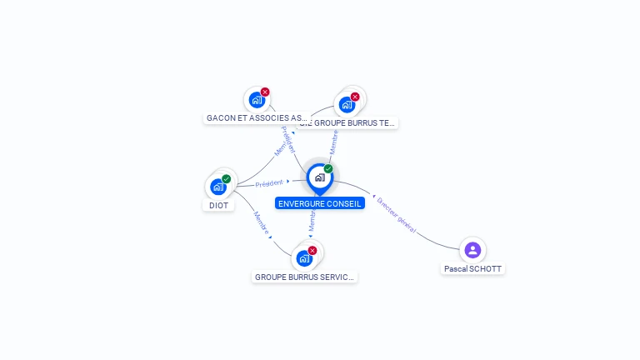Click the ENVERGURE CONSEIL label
coord(320,203)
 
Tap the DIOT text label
coord(218,205)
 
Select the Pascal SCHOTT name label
coord(473,269)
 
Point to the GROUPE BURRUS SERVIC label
coord(304,277)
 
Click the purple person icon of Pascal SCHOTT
coord(472,249)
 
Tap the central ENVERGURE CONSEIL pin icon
coord(319,177)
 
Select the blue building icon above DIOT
coord(218,187)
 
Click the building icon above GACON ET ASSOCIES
coord(256,100)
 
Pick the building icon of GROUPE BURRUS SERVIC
coord(304,258)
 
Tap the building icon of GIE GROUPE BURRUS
coord(346,105)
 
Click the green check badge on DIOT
coord(226,178)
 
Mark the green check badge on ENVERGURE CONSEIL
coord(328,169)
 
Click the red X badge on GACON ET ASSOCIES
coord(265,92)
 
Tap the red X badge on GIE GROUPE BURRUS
coord(355,97)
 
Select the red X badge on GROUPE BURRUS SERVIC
coord(312,250)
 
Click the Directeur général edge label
coord(397,214)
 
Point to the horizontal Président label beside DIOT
coord(269,182)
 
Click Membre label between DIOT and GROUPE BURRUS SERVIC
coord(261,222)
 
